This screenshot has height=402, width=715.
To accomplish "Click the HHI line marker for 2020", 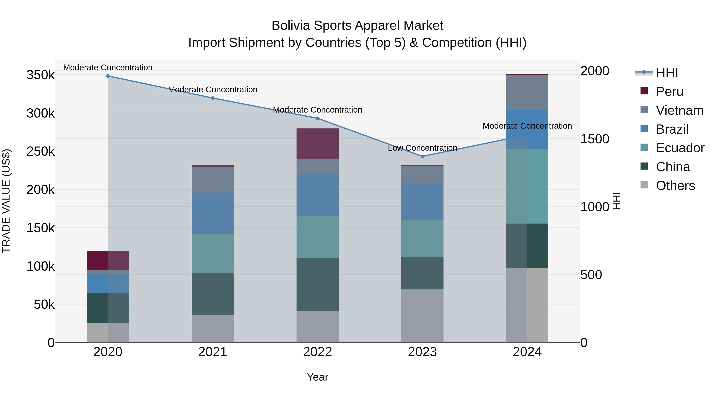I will [108, 76].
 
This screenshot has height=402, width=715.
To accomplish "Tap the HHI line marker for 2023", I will [422, 156].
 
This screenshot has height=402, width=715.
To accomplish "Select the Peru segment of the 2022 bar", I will [318, 144].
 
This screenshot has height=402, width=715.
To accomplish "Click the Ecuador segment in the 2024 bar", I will [527, 186].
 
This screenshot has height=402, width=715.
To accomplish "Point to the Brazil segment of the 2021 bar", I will [213, 213].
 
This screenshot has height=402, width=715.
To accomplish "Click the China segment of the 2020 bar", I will [108, 308].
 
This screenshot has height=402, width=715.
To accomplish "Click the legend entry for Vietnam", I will [679, 110].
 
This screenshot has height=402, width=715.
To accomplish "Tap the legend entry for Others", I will [675, 186].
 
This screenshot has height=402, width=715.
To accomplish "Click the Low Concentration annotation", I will [422, 148].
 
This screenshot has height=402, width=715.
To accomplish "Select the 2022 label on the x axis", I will [318, 352].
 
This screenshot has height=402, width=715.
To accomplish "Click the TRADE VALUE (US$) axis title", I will [6, 201].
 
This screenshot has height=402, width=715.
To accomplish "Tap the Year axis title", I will [318, 377].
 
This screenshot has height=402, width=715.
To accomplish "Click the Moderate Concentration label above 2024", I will [527, 126].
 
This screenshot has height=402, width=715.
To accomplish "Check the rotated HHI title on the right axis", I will [616, 201].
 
